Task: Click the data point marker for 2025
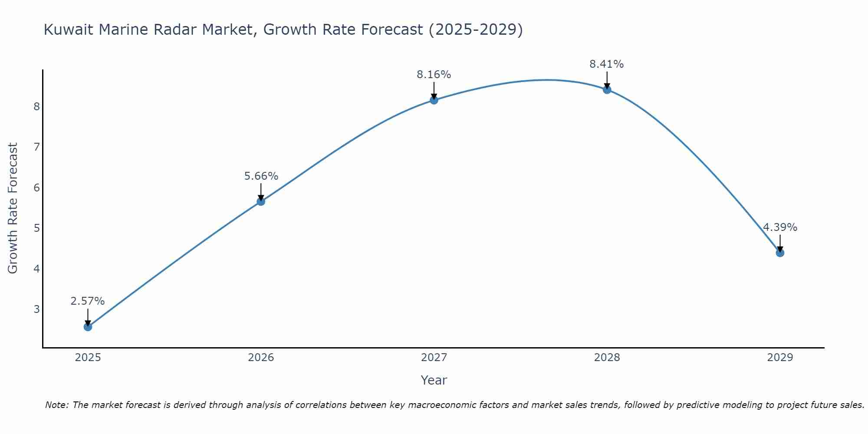88,327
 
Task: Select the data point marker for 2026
261,201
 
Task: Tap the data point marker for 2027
434,100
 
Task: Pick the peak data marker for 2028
607,90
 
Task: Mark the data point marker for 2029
780,253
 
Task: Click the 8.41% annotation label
606,64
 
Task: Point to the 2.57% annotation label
88,301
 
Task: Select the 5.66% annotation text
261,176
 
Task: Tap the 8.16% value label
434,75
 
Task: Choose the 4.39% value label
780,227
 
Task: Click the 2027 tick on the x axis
434,358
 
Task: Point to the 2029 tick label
780,358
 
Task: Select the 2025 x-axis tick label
88,358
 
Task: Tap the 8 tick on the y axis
36,106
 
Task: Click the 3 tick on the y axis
36,309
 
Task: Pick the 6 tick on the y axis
36,187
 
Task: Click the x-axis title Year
434,380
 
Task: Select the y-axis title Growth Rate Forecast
13,208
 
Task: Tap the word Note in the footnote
56,405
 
